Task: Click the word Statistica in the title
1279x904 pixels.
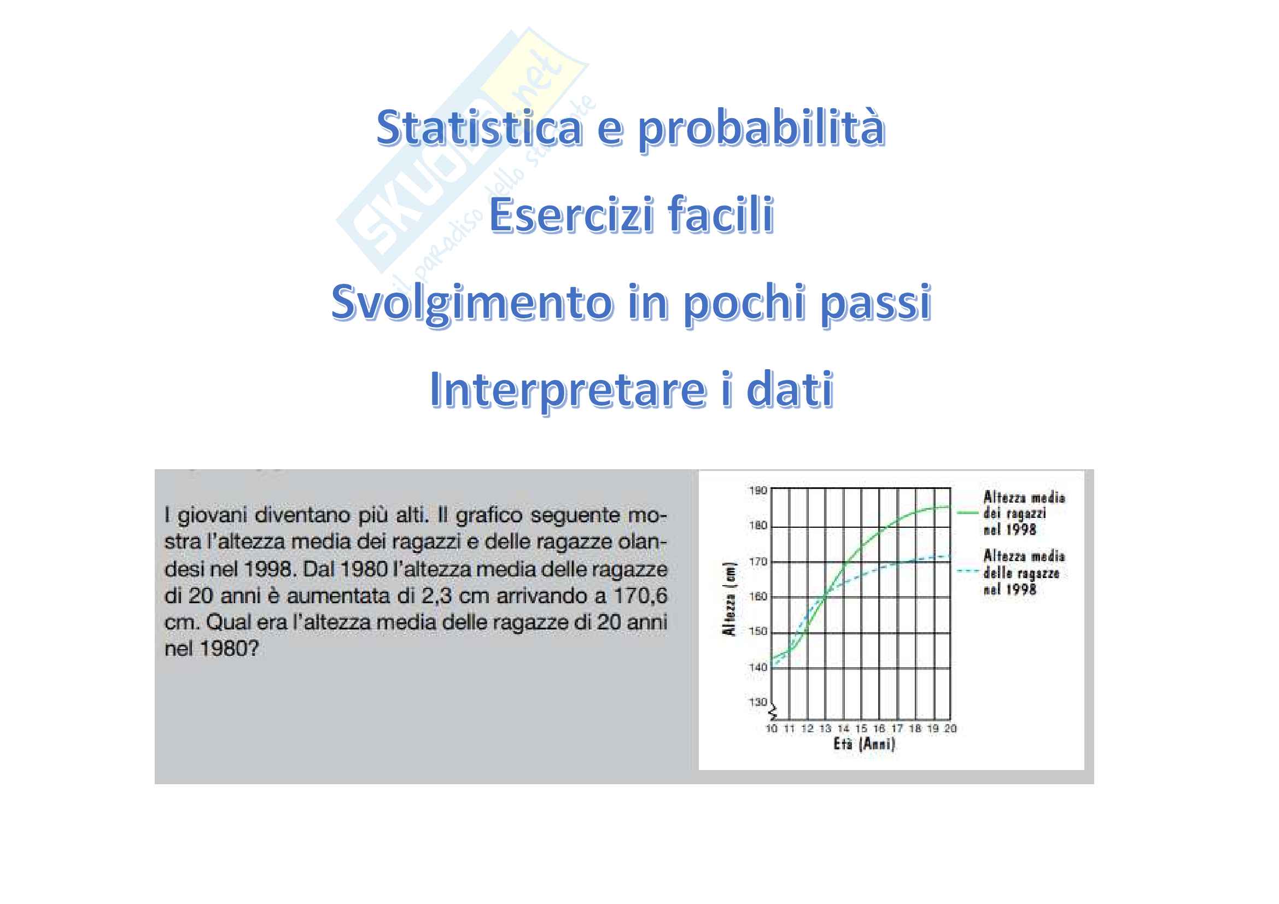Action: point(479,127)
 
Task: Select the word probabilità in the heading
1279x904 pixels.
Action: point(761,129)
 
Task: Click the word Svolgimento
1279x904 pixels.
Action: point(471,302)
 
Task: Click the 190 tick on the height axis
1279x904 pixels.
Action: point(757,491)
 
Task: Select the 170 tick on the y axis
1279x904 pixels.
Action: point(757,562)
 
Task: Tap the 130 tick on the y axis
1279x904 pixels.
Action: point(757,702)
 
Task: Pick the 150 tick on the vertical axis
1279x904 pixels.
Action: point(757,632)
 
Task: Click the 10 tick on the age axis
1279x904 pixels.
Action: point(772,728)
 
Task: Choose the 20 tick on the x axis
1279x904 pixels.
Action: point(950,728)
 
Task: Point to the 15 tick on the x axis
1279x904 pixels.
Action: point(861,728)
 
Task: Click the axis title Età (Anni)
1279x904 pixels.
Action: point(864,744)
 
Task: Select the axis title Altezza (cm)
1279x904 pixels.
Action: point(730,599)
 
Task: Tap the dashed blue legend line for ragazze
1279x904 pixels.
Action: point(968,570)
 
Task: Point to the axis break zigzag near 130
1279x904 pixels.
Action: point(773,712)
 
